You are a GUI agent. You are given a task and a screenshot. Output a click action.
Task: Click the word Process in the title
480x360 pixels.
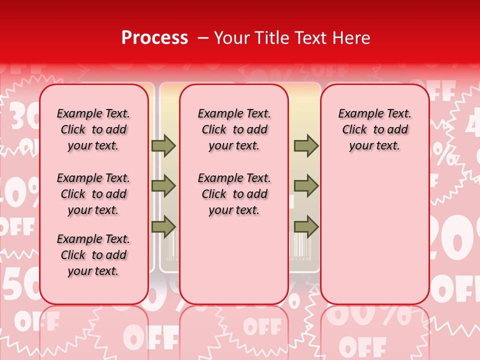(154, 38)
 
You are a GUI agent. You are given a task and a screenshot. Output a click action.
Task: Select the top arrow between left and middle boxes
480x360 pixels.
(163, 145)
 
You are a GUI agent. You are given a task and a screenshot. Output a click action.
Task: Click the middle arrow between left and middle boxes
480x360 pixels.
(163, 186)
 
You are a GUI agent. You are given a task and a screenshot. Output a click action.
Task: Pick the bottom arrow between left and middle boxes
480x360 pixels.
(163, 226)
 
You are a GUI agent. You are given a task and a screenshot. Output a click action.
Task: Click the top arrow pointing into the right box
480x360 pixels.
(306, 145)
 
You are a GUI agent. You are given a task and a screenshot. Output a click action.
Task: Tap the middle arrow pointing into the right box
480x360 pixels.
(306, 186)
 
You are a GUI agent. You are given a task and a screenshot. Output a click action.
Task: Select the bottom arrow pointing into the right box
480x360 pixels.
(306, 226)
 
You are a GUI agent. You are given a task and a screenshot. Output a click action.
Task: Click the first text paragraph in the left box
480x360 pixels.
(93, 129)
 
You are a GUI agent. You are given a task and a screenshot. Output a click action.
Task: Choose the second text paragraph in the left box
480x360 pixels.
(93, 194)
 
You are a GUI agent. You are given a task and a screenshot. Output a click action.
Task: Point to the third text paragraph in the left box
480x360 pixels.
(93, 255)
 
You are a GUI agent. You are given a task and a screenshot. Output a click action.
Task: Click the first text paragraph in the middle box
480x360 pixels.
(234, 129)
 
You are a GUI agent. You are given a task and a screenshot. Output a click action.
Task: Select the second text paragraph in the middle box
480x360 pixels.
(234, 194)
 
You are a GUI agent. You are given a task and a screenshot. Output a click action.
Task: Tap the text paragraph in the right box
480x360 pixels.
(374, 129)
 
